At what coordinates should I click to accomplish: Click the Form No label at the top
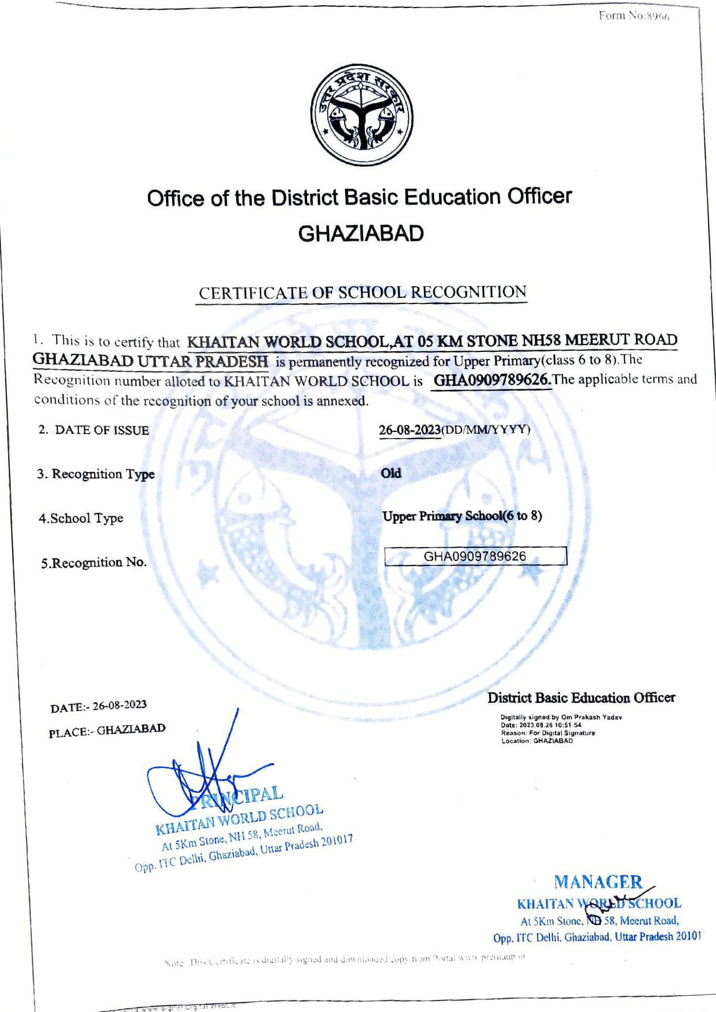click(633, 16)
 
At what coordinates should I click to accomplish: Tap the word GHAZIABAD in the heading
click(361, 234)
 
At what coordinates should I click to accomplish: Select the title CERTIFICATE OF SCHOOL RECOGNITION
click(363, 293)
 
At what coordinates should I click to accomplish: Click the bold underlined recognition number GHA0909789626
click(492, 381)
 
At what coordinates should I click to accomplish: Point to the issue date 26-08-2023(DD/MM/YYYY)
click(454, 430)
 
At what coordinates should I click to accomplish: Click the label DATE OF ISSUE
click(102, 430)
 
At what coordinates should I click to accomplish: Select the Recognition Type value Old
click(391, 473)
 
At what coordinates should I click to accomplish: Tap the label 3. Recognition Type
click(96, 474)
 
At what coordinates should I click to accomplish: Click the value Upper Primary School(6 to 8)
click(462, 516)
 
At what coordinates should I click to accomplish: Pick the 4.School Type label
click(81, 518)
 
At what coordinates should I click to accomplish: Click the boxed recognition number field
click(475, 556)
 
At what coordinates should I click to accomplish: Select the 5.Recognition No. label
click(94, 563)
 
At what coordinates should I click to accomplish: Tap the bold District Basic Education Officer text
click(581, 698)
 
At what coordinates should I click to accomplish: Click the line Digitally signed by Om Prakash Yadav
click(561, 717)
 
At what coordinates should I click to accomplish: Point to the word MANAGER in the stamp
click(598, 882)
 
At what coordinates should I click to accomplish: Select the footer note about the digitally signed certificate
click(345, 959)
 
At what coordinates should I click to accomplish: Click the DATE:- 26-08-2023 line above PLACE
click(99, 706)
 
